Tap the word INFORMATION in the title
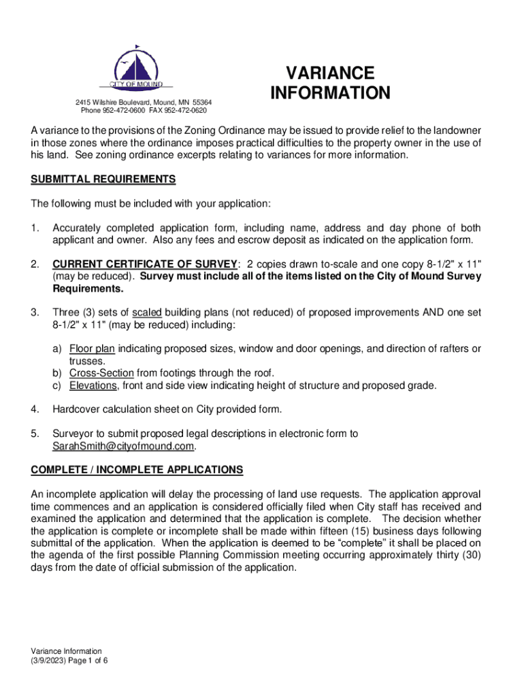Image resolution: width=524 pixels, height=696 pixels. coord(330,93)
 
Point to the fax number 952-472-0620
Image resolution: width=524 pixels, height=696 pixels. coord(184,110)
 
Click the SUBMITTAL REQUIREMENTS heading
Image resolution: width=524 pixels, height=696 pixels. coord(103,179)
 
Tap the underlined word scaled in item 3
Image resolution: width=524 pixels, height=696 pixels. coord(146,313)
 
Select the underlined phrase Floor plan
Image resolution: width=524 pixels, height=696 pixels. coord(92,349)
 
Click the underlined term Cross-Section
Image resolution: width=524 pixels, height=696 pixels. coord(101,373)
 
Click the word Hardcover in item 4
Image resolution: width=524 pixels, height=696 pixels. coord(79,409)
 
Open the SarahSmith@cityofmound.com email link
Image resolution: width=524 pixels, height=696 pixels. coord(123,447)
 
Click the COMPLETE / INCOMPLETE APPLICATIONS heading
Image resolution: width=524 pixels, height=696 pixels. coord(137,470)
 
